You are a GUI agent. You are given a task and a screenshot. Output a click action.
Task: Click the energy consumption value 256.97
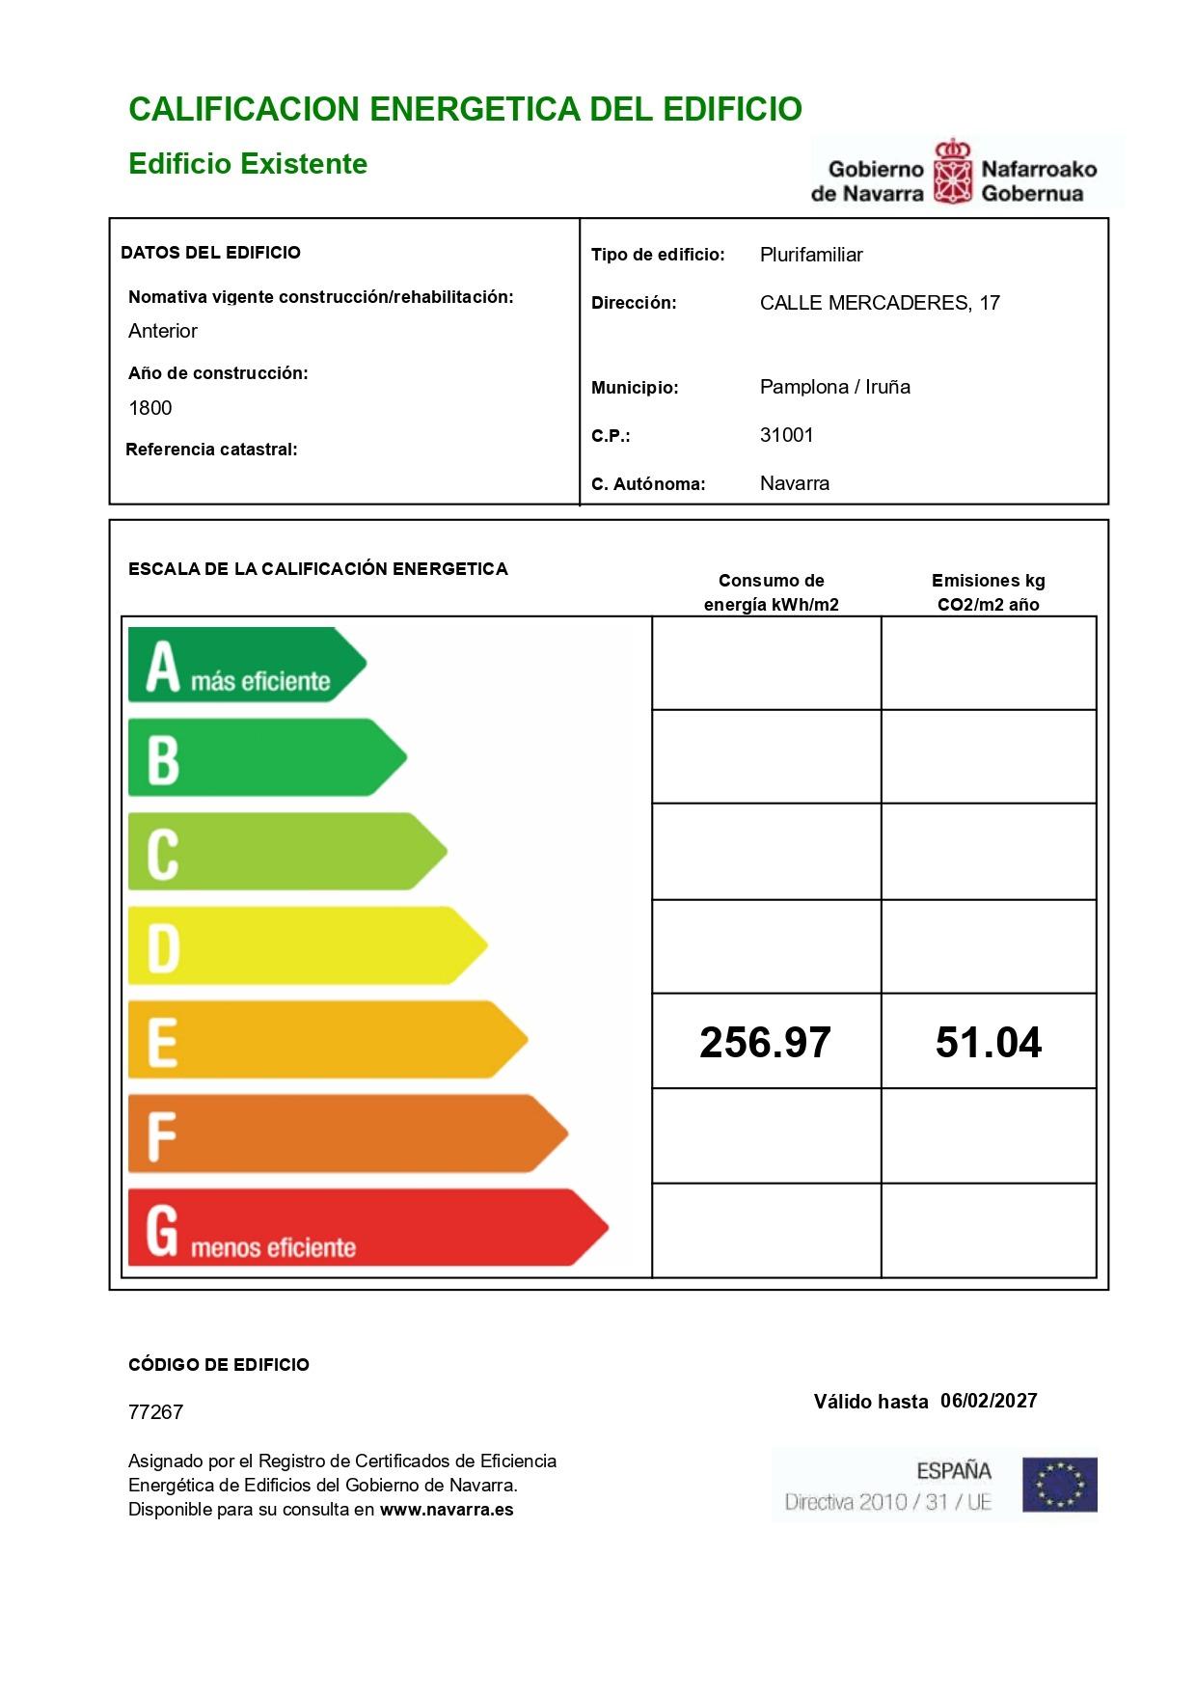pyautogui.click(x=765, y=1042)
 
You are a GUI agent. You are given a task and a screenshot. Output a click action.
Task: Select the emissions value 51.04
pyautogui.click(x=988, y=1042)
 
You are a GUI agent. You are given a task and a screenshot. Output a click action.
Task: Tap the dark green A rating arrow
pyautogui.click(x=246, y=665)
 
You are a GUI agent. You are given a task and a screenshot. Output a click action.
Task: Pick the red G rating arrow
pyautogui.click(x=367, y=1227)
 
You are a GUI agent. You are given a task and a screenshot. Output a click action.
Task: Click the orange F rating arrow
pyautogui.click(x=347, y=1133)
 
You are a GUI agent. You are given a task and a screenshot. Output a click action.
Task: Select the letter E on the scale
pyautogui.click(x=162, y=1042)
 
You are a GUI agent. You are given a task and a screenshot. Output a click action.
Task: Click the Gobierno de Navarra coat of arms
pyautogui.click(x=952, y=173)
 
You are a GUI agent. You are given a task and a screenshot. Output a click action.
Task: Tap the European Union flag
pyautogui.click(x=1059, y=1485)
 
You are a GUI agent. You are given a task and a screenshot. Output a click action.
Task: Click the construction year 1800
pyautogui.click(x=150, y=408)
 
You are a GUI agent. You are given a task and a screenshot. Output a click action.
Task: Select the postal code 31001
pyautogui.click(x=786, y=435)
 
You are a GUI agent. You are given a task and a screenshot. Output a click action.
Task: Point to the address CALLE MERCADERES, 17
pyautogui.click(x=879, y=303)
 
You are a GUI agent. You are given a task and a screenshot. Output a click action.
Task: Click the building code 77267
pyautogui.click(x=155, y=1412)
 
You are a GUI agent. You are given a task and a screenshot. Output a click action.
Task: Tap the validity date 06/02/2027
pyautogui.click(x=988, y=1401)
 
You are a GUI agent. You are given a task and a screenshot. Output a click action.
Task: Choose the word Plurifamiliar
pyautogui.click(x=810, y=255)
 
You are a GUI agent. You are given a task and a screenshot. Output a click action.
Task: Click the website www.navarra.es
pyautogui.click(x=447, y=1510)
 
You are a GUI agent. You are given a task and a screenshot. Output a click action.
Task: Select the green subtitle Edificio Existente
pyautogui.click(x=248, y=163)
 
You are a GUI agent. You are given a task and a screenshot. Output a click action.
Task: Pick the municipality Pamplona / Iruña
pyautogui.click(x=834, y=387)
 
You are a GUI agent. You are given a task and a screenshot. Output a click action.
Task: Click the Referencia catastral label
pyautogui.click(x=211, y=450)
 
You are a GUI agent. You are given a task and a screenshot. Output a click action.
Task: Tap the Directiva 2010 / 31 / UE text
pyautogui.click(x=887, y=1502)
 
